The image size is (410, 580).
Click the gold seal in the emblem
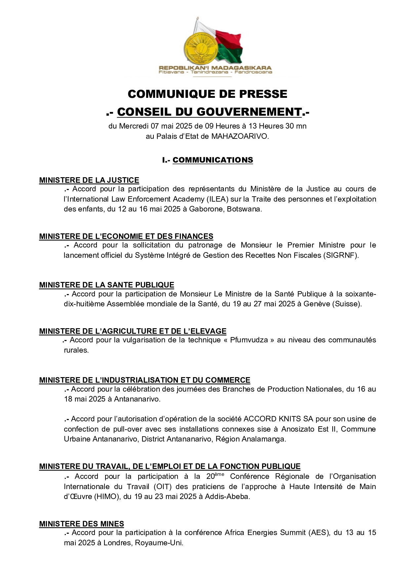[199, 48]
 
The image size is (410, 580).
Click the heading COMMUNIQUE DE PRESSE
[207, 94]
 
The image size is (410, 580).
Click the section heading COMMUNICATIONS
[213, 160]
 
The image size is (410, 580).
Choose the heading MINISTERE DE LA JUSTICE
[89, 180]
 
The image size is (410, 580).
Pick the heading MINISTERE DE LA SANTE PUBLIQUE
[106, 285]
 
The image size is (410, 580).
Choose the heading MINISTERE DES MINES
[81, 524]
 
